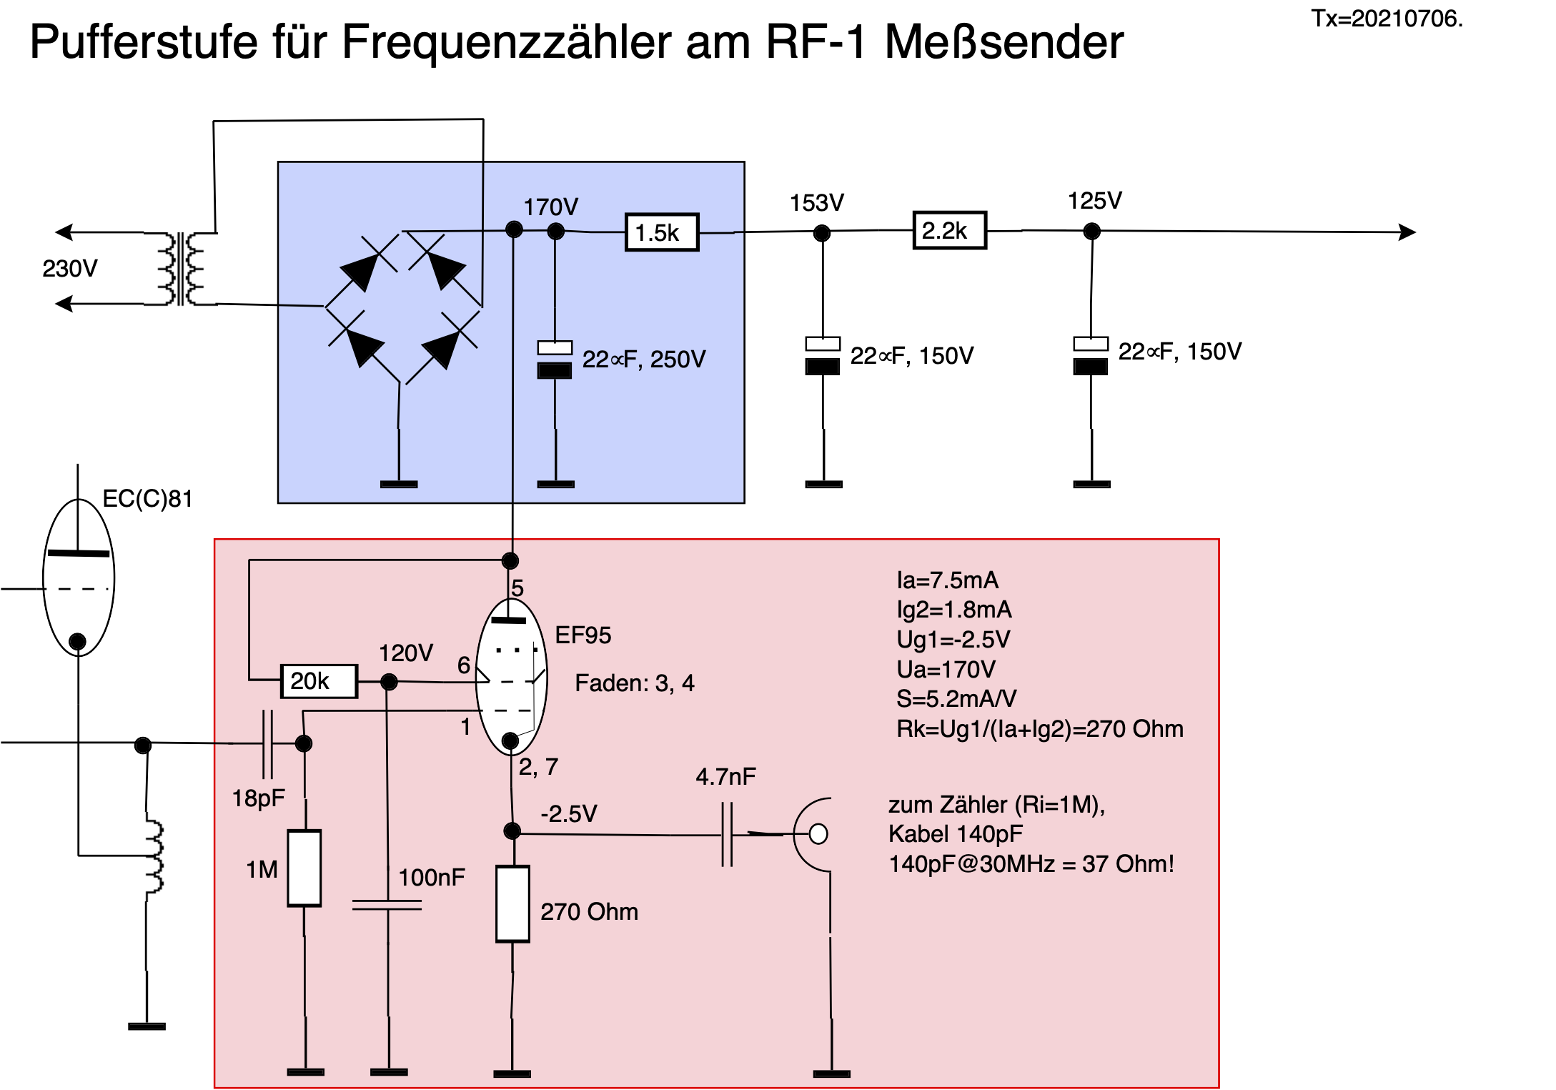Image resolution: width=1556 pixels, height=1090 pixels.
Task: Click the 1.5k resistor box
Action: pyautogui.click(x=661, y=232)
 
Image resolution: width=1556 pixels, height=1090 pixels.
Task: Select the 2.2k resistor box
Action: pyautogui.click(x=949, y=230)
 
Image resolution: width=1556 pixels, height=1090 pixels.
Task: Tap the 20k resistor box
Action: pyautogui.click(x=318, y=680)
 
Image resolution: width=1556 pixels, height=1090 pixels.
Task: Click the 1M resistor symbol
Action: pyautogui.click(x=304, y=868)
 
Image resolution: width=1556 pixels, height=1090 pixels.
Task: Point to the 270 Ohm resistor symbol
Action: pyautogui.click(x=512, y=903)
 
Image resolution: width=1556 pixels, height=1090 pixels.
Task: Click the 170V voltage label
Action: pyautogui.click(x=550, y=207)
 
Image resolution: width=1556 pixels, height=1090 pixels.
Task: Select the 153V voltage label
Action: pyautogui.click(x=816, y=203)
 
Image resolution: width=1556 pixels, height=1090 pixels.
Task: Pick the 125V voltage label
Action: pyautogui.click(x=1094, y=201)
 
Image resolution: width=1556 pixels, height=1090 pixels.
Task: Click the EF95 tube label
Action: pyautogui.click(x=583, y=635)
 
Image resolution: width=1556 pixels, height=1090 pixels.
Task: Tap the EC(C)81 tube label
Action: pyautogui.click(x=147, y=499)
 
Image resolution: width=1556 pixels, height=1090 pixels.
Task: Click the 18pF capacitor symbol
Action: pyautogui.click(x=267, y=743)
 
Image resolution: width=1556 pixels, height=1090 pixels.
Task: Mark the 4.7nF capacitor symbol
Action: pyautogui.click(x=727, y=834)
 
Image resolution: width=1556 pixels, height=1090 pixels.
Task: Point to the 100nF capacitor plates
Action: pyautogui.click(x=387, y=905)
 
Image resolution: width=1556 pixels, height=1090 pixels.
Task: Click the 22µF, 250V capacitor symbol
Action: pyautogui.click(x=555, y=360)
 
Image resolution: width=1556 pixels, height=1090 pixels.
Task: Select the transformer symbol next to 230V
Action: pyautogui.click(x=181, y=269)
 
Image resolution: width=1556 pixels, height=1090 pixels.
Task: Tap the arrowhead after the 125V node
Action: pyautogui.click(x=1407, y=232)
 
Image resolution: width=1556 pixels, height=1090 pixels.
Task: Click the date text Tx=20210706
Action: pyautogui.click(x=1387, y=19)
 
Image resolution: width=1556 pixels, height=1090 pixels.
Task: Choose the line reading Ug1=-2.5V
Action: pyautogui.click(x=953, y=639)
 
